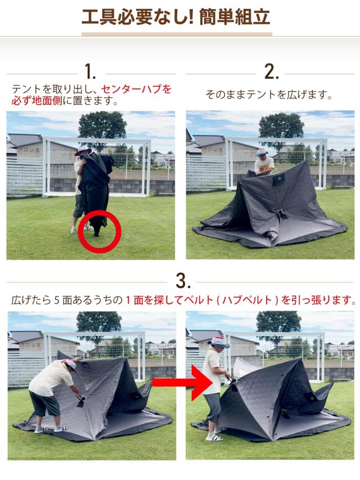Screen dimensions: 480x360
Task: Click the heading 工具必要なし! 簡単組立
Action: tap(175, 17)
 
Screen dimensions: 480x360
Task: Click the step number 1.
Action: tap(91, 72)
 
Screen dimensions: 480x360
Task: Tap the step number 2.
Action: tap(271, 72)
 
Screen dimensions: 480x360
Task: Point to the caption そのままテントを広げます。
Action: tap(269, 95)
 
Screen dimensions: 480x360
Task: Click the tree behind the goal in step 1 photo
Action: tap(102, 125)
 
